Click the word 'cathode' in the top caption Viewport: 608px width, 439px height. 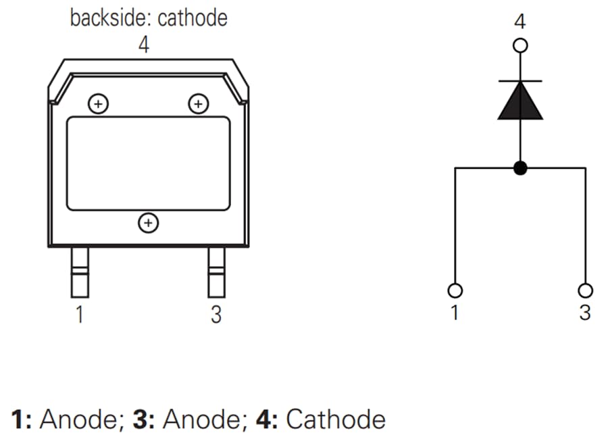[193, 18]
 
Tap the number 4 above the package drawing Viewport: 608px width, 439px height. [144, 45]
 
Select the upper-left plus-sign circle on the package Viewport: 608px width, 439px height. [99, 104]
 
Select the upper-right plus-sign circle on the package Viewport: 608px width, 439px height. [198, 104]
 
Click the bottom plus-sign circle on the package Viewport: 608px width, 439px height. [148, 222]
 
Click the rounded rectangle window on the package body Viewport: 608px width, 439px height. [148, 163]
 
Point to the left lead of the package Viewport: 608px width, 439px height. [80, 272]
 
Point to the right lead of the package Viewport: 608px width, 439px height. [216, 272]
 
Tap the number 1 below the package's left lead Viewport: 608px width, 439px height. [80, 315]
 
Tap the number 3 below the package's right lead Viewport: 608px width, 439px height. [216, 315]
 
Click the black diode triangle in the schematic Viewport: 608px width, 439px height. [520, 102]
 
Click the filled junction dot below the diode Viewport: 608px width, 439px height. [520, 167]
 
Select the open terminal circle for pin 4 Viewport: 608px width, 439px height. [520, 46]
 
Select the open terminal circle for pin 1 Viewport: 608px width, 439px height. [455, 290]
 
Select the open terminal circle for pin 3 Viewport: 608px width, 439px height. [585, 290]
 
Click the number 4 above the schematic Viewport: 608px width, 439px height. [520, 22]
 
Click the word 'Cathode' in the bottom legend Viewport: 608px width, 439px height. [336, 419]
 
